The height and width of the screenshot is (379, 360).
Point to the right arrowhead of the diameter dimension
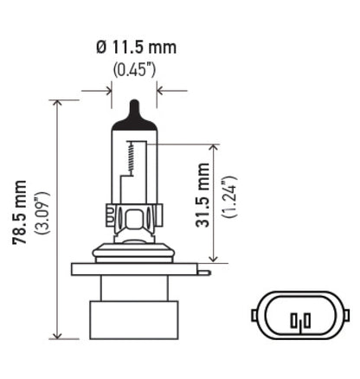pos(161,88)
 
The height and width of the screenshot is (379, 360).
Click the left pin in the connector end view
pos(297,322)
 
